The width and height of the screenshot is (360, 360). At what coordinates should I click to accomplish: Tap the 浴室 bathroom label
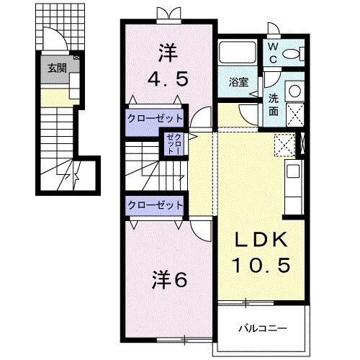click(240, 82)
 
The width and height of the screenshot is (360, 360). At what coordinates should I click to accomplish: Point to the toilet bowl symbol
click(290, 53)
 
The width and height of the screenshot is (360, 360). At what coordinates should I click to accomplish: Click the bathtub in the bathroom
click(240, 55)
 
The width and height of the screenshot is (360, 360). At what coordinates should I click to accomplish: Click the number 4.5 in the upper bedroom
click(168, 78)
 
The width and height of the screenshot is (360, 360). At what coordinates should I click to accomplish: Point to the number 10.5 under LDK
click(261, 266)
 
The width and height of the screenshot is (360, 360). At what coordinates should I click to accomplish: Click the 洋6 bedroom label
click(170, 279)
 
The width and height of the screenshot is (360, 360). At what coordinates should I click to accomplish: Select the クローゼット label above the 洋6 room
click(155, 205)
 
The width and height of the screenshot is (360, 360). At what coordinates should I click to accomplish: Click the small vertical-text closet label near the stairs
click(174, 145)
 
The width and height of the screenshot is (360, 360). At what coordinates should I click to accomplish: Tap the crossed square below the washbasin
click(294, 114)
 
